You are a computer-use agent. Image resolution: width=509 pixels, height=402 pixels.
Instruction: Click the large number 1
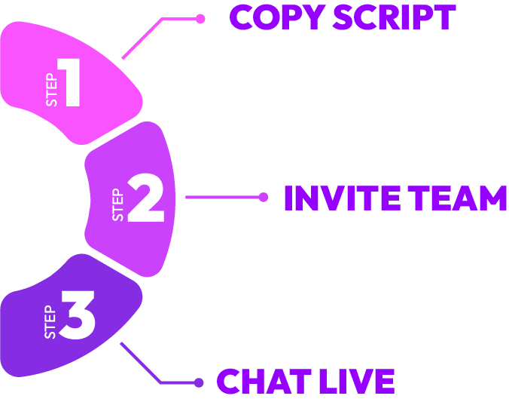click(71, 84)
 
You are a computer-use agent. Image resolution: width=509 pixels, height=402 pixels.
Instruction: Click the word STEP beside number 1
click(51, 91)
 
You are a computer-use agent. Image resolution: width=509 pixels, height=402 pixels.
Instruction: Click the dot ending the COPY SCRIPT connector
click(200, 19)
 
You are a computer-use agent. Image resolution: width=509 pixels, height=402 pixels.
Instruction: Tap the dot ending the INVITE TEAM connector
click(264, 198)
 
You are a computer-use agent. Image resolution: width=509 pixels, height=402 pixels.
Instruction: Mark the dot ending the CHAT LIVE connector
click(199, 382)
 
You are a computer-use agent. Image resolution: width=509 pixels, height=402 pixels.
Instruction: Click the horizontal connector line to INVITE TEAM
click(223, 198)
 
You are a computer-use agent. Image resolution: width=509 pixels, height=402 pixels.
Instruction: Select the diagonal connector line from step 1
click(142, 38)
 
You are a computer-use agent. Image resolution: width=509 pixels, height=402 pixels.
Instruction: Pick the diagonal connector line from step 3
click(140, 363)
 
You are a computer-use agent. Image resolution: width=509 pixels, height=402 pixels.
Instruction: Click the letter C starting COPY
click(242, 17)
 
